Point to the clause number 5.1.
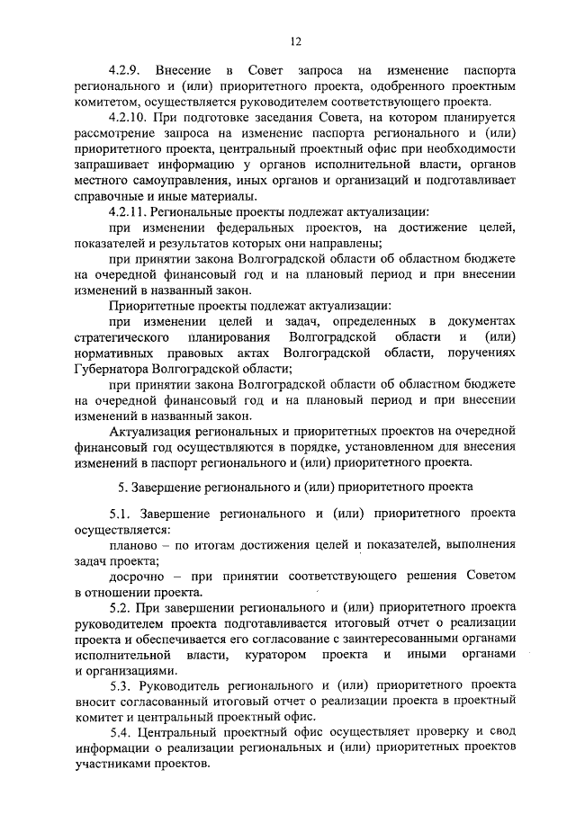(x=121, y=514)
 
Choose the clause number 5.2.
(x=121, y=608)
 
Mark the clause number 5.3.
(x=121, y=687)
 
